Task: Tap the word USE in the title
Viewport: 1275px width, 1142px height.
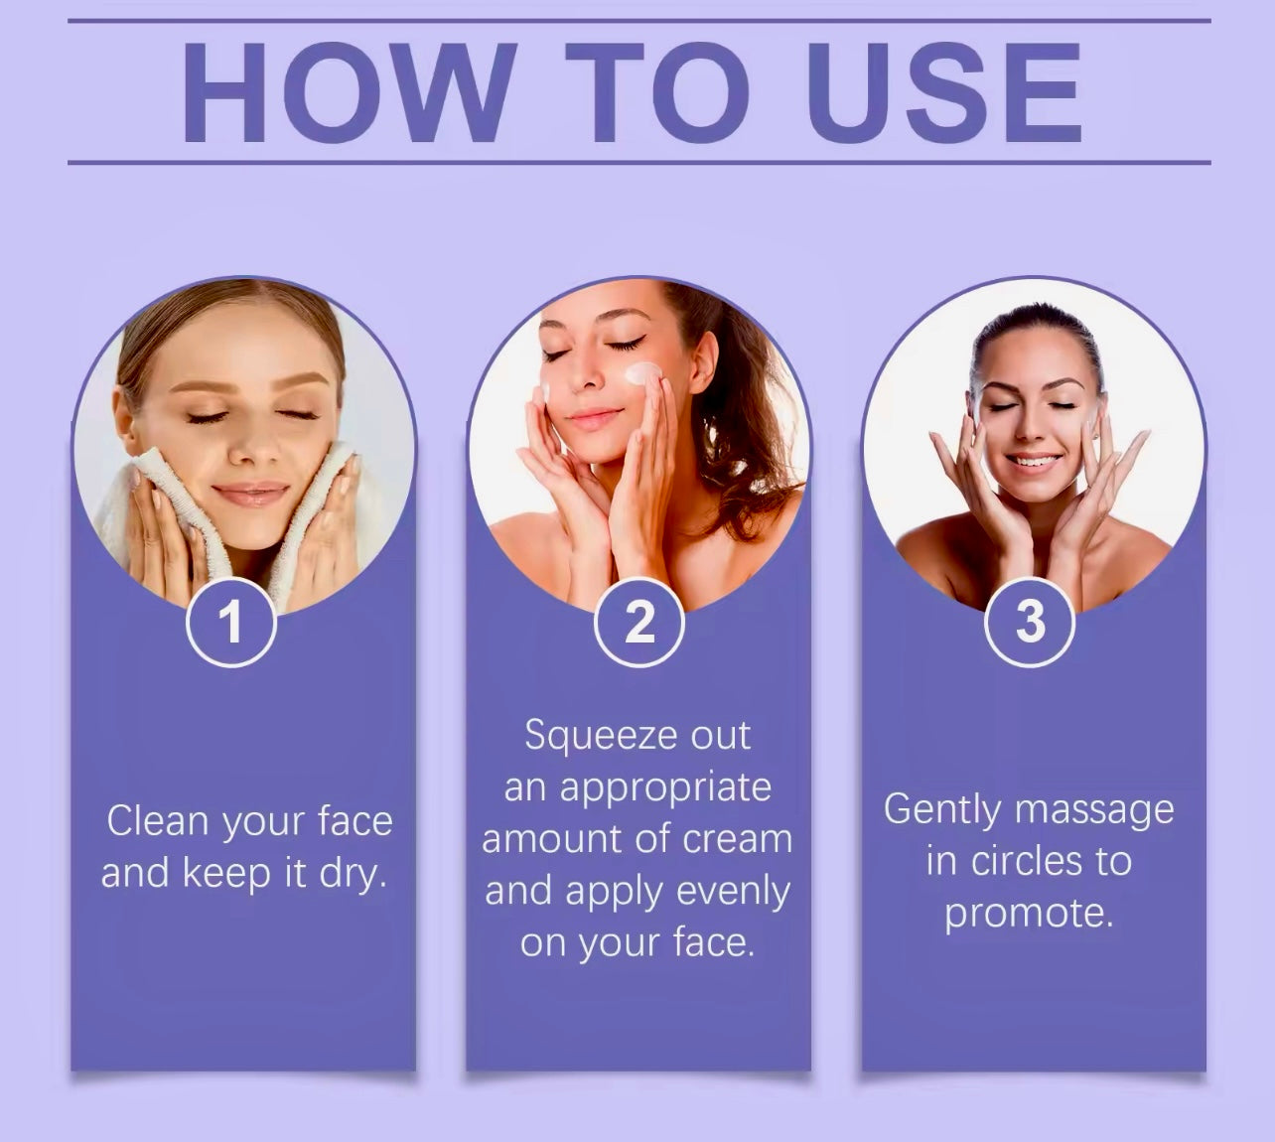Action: (943, 92)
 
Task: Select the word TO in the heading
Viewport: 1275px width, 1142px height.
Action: (658, 92)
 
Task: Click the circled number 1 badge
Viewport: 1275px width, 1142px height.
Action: (231, 622)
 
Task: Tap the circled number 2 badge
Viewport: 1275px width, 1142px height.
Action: (638, 622)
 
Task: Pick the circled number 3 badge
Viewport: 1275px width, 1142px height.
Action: (1030, 622)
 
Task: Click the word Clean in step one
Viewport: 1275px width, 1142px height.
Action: (157, 820)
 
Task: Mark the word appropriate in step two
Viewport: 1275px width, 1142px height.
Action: (666, 789)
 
